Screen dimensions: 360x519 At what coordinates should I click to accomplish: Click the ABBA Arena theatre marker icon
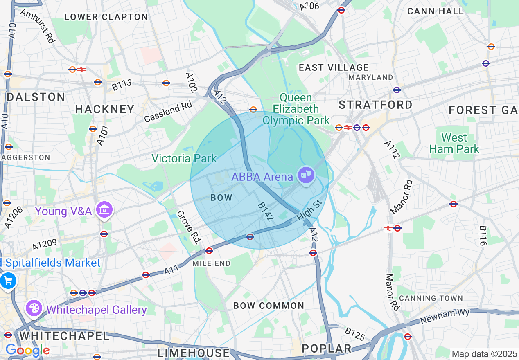click(x=307, y=175)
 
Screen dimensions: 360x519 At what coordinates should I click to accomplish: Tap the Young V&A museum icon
click(x=104, y=210)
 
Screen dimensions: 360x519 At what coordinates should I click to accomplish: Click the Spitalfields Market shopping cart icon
click(x=8, y=281)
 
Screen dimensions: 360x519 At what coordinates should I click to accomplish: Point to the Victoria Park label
click(x=184, y=158)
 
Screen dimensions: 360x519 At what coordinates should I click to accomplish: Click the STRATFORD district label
click(x=376, y=105)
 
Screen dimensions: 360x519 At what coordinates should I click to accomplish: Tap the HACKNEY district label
click(x=105, y=109)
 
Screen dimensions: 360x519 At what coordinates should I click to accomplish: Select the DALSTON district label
click(x=36, y=97)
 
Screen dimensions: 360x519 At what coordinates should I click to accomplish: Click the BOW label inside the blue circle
click(x=221, y=198)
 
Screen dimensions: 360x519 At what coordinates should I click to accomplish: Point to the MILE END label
click(x=212, y=263)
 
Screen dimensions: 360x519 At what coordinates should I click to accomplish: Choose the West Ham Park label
click(x=454, y=143)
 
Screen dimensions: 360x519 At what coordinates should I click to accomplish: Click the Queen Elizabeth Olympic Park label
click(x=296, y=109)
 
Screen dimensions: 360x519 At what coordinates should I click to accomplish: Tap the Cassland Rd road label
click(x=168, y=112)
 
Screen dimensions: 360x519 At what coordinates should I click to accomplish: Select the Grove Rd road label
click(x=187, y=228)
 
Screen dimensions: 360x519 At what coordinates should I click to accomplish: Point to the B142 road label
click(x=265, y=212)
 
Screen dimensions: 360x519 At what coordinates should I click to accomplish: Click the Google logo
click(x=27, y=350)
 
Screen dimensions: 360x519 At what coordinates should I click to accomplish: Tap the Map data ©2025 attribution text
click(x=484, y=354)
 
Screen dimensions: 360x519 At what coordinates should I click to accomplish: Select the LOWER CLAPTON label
click(x=106, y=17)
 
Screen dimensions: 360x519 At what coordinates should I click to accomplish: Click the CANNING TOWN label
click(x=431, y=298)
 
